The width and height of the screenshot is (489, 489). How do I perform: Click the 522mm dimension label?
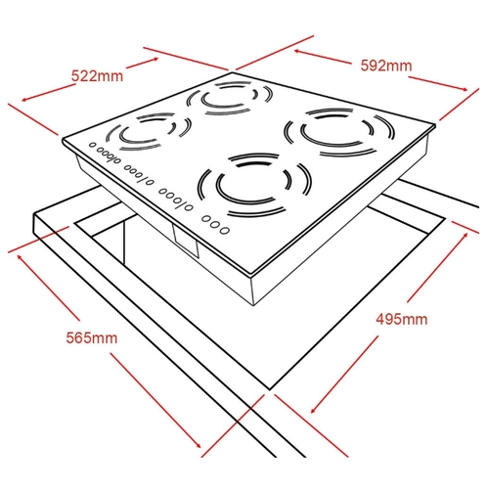pyautogui.click(x=97, y=76)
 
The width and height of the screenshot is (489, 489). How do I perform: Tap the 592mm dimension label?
pyautogui.click(x=386, y=66)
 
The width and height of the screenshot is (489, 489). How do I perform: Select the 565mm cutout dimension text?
pyautogui.click(x=92, y=337)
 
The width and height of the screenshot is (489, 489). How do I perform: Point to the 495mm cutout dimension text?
pyautogui.click(x=401, y=319)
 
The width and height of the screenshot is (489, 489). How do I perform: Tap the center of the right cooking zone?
pyautogui.click(x=339, y=131)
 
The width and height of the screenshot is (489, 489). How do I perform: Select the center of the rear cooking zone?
pyautogui.click(x=229, y=97)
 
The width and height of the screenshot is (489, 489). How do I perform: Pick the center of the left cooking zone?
pyautogui.click(x=149, y=132)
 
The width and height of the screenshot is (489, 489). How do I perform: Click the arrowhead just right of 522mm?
pyautogui.click(x=156, y=60)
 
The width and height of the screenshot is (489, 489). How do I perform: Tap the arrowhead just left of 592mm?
pyautogui.click(x=298, y=52)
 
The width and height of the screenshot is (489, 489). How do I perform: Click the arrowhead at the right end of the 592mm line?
pyautogui.click(x=465, y=89)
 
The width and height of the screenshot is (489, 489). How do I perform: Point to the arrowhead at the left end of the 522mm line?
pyautogui.click(x=24, y=99)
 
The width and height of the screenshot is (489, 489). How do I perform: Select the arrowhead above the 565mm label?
pyautogui.click(x=20, y=257)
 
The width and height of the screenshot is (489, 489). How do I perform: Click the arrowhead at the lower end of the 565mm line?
pyautogui.click(x=198, y=445)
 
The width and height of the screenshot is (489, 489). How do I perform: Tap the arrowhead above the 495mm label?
pyautogui.click(x=465, y=236)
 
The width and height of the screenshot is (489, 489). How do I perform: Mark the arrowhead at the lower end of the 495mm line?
pyautogui.click(x=313, y=410)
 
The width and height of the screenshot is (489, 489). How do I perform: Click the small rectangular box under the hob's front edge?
pyautogui.click(x=186, y=243)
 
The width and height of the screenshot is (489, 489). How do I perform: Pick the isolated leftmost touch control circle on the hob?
pyautogui.click(x=93, y=145)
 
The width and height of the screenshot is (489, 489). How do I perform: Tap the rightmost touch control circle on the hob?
pyautogui.click(x=224, y=231)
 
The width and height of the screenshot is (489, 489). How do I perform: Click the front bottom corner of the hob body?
pyautogui.click(x=254, y=305)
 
